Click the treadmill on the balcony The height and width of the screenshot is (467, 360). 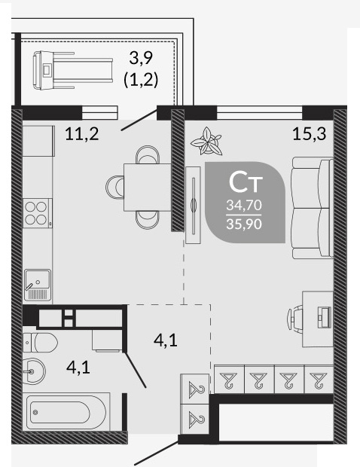pyautogui.click(x=72, y=70)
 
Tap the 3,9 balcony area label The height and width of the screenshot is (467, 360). pyautogui.click(x=141, y=58)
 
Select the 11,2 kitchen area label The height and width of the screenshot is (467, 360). pyautogui.click(x=82, y=134)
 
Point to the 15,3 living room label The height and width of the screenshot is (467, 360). pyautogui.click(x=310, y=133)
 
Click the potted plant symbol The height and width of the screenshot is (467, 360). pyautogui.click(x=206, y=142)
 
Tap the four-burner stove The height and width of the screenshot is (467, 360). pyautogui.click(x=38, y=213)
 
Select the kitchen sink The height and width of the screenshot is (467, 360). pyautogui.click(x=38, y=285)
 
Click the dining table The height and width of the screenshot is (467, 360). pyautogui.click(x=148, y=188)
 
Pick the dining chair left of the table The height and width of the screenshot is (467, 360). pyautogui.click(x=115, y=187)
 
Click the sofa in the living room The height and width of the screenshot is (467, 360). pyautogui.click(x=313, y=208)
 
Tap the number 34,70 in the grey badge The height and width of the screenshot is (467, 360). pyautogui.click(x=244, y=205)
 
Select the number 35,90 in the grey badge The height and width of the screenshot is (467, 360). pyautogui.click(x=244, y=224)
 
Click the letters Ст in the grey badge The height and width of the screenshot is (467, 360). pyautogui.click(x=246, y=182)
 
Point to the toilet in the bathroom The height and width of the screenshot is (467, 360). pyautogui.click(x=41, y=343)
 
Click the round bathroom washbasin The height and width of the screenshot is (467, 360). pyautogui.click(x=34, y=371)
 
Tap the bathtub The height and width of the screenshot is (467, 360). pyautogui.click(x=66, y=412)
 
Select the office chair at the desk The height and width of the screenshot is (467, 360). pyautogui.click(x=295, y=319)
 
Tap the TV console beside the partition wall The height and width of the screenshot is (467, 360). pyautogui.click(x=193, y=205)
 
